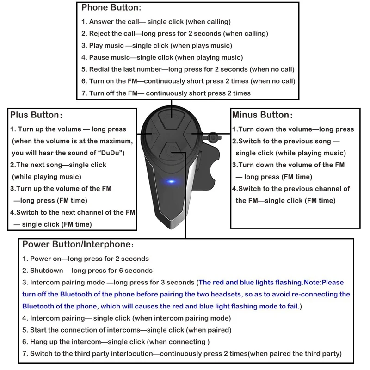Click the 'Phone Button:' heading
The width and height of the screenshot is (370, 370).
click(111, 8)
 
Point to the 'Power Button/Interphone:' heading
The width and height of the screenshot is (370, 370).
click(79, 244)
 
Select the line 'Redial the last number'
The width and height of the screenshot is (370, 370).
click(188, 69)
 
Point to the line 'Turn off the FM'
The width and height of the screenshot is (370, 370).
click(166, 93)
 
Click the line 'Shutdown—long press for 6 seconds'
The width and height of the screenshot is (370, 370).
click(87, 271)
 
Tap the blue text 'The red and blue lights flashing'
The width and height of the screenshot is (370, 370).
click(250, 282)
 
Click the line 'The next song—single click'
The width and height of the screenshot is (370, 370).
click(58, 165)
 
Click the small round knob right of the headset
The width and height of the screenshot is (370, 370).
click(214, 137)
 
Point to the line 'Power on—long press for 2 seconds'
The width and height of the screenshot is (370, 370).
click(86, 259)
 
